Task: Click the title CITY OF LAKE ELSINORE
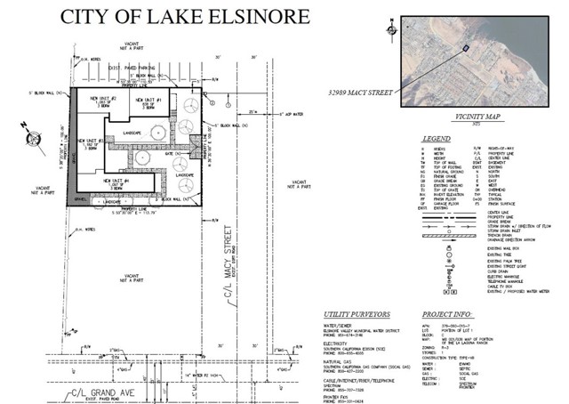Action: coord(184,17)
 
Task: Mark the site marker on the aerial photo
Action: coord(464,47)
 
